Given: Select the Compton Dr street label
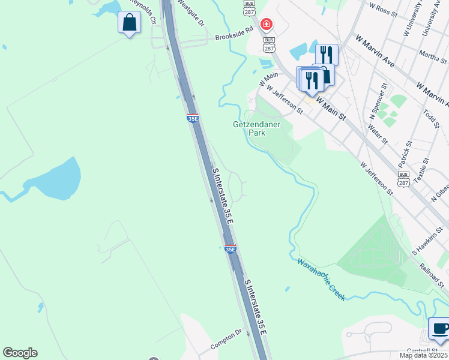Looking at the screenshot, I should tap(226, 340).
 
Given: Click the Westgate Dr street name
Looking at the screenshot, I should tap(190, 12).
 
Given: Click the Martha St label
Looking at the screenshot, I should tap(434, 58).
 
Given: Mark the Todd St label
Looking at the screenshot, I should tap(431, 113).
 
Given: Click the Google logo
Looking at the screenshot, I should tap(20, 353).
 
